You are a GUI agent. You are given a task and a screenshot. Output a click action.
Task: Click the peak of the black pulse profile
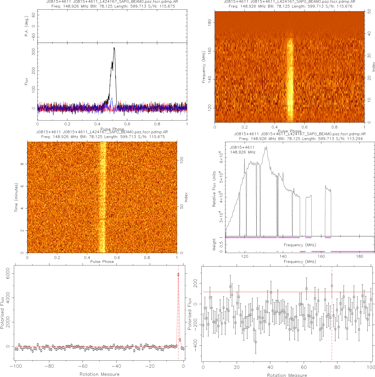114,48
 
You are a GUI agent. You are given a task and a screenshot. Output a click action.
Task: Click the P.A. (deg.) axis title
26,26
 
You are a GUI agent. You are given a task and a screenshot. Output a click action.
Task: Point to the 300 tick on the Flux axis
34,52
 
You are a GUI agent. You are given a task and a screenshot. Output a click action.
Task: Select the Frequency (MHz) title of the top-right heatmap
203,67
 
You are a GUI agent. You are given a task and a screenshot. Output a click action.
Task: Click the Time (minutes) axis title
16,197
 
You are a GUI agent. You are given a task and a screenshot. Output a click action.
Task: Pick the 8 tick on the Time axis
22,164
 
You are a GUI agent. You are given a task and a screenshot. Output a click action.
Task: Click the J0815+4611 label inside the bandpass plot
242,147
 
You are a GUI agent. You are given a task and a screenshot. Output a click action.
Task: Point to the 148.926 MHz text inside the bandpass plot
243,152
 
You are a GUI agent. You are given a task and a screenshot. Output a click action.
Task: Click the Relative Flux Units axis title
214,189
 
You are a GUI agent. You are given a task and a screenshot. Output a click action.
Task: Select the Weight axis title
214,244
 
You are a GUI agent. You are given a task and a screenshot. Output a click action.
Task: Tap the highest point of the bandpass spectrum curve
266,146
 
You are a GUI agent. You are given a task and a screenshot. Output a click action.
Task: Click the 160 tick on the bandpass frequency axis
321,256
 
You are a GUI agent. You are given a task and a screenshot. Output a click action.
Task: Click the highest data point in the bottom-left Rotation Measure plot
178,274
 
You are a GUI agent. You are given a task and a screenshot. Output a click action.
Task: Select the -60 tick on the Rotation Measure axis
83,366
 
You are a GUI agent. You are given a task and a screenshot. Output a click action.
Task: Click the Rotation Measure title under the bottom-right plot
287,375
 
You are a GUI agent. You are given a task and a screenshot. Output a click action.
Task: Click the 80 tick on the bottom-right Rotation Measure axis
337,367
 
